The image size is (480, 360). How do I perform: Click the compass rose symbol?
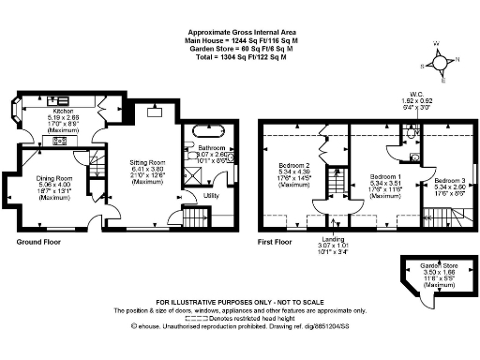tap(442, 59)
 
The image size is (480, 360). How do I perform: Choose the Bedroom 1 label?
tap(385, 176)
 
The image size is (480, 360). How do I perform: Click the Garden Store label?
tap(432, 264)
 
